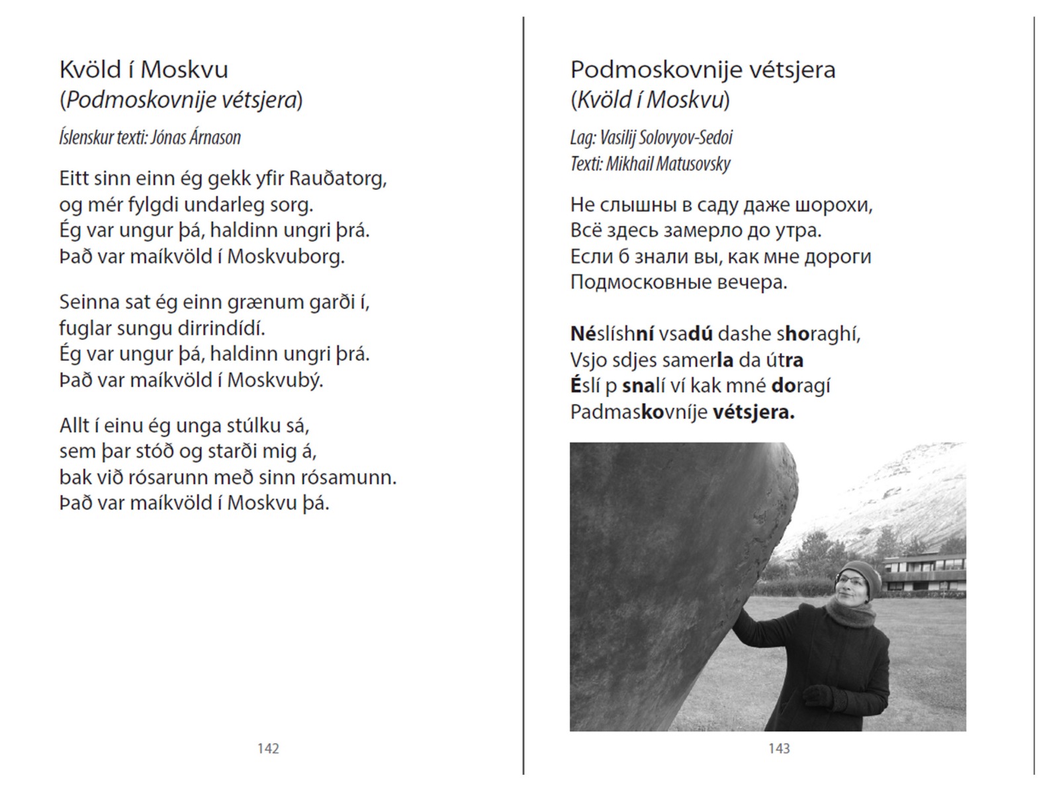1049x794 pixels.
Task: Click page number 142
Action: (x=268, y=748)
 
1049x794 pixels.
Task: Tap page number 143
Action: (x=779, y=748)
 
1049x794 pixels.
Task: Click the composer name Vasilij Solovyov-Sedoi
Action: (x=666, y=138)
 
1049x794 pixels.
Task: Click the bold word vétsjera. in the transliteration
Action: (x=753, y=412)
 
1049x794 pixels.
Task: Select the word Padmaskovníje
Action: (x=638, y=412)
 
